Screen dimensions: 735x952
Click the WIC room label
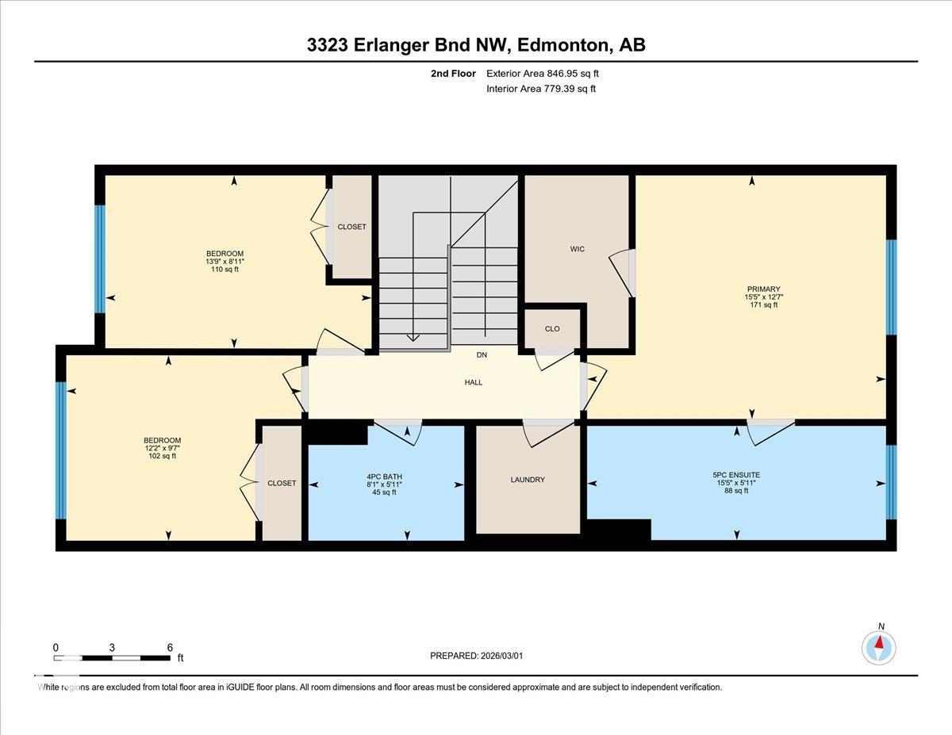click(577, 249)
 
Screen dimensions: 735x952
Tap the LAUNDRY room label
click(528, 480)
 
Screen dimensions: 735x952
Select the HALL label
click(474, 382)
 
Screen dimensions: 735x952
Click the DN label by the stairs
click(482, 354)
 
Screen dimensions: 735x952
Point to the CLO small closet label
click(552, 328)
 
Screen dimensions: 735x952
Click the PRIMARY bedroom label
click(763, 289)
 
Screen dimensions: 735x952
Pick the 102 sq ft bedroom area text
click(162, 456)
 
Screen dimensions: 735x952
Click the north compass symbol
click(879, 646)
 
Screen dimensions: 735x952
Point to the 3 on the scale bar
click(113, 647)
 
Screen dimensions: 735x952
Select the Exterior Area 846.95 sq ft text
click(542, 73)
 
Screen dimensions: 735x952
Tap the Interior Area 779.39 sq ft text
click(540, 89)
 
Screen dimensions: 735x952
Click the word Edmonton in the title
click(562, 45)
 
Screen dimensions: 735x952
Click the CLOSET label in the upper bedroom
click(352, 227)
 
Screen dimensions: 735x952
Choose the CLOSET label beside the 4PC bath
click(282, 483)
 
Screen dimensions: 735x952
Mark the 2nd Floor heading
click(453, 73)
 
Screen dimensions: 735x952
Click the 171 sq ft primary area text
click(763, 304)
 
